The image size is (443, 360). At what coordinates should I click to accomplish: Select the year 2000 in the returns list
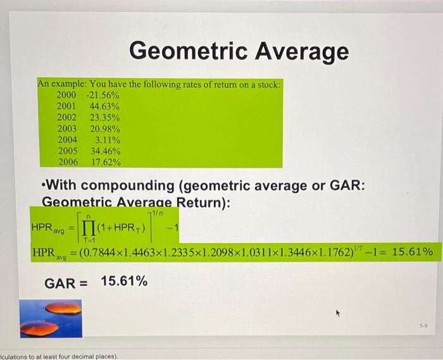[67, 95]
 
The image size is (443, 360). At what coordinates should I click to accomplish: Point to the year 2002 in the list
[67, 118]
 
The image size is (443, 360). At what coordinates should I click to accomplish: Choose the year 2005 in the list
[67, 151]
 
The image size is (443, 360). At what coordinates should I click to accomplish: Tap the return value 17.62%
[105, 162]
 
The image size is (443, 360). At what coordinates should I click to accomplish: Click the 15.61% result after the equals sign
[413, 252]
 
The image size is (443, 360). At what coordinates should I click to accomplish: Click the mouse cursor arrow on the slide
[338, 312]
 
